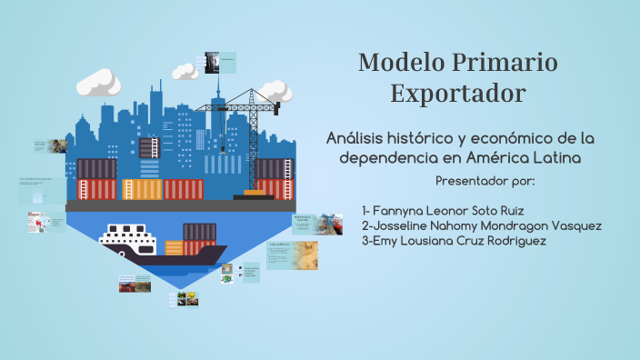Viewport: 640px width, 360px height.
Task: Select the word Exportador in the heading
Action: click(457, 94)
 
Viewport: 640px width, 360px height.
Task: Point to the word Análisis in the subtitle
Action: click(360, 138)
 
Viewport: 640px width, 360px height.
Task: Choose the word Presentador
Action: click(475, 180)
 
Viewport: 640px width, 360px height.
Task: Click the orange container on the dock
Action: click(142, 189)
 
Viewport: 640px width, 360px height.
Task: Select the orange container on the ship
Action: click(174, 246)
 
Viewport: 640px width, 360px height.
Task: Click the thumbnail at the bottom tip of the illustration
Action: click(186, 298)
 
